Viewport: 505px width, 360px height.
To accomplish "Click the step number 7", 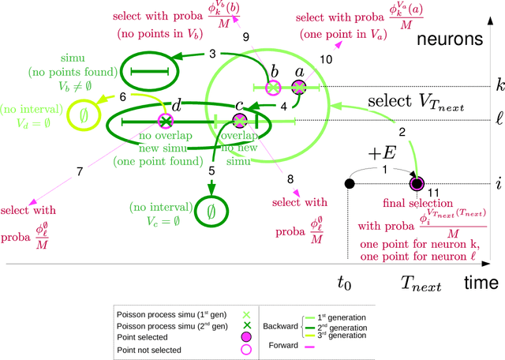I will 79,171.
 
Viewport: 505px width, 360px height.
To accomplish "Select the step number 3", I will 213,54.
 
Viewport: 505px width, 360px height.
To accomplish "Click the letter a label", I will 298,72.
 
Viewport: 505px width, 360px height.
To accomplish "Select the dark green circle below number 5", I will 211,211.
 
